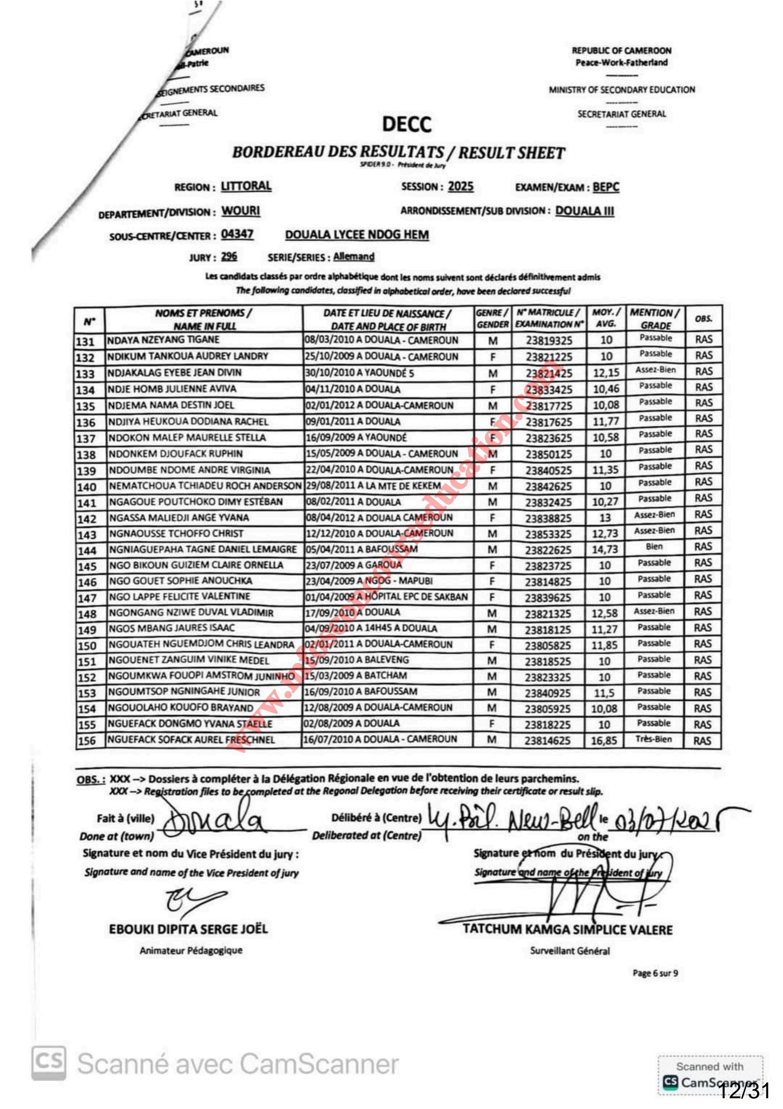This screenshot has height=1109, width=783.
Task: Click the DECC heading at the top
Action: [x=407, y=124]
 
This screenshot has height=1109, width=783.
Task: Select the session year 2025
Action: [x=460, y=187]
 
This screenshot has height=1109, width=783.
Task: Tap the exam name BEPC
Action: [x=606, y=187]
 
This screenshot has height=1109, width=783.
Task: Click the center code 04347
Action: [x=237, y=234]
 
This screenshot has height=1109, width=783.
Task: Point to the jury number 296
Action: [x=229, y=257]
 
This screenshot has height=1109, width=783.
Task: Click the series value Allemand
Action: [x=353, y=257]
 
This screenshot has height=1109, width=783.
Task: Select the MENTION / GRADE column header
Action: [x=655, y=319]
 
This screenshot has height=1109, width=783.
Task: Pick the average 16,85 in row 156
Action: [x=604, y=740]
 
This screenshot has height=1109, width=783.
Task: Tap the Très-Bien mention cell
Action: [x=654, y=739]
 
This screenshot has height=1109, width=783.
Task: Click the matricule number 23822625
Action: [x=548, y=550]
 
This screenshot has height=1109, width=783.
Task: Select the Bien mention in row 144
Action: [x=654, y=547]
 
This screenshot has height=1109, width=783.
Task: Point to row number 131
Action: [x=85, y=342]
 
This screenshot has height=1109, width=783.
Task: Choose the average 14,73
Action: [x=605, y=550]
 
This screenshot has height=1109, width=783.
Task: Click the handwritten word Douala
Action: [x=213, y=823]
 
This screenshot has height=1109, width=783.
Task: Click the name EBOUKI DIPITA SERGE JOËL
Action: [x=188, y=929]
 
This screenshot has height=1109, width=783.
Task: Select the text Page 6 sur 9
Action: [x=655, y=974]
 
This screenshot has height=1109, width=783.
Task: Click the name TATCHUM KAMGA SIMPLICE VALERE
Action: [x=568, y=930]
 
